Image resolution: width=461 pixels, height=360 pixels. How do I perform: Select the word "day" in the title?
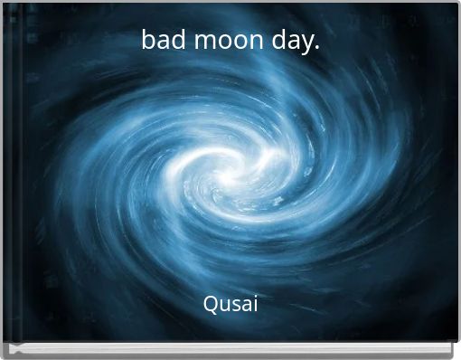pyautogui.click(x=286, y=43)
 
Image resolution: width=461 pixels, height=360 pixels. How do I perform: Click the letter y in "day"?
pyautogui.click(x=306, y=44)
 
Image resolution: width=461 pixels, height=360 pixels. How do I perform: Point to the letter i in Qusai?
pyautogui.click(x=255, y=304)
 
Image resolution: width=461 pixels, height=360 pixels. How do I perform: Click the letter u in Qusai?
pyautogui.click(x=224, y=306)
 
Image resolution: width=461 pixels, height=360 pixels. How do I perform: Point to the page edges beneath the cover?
pyautogui.click(x=230, y=349)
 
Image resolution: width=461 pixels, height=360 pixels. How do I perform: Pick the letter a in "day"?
pyautogui.click(x=291, y=43)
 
